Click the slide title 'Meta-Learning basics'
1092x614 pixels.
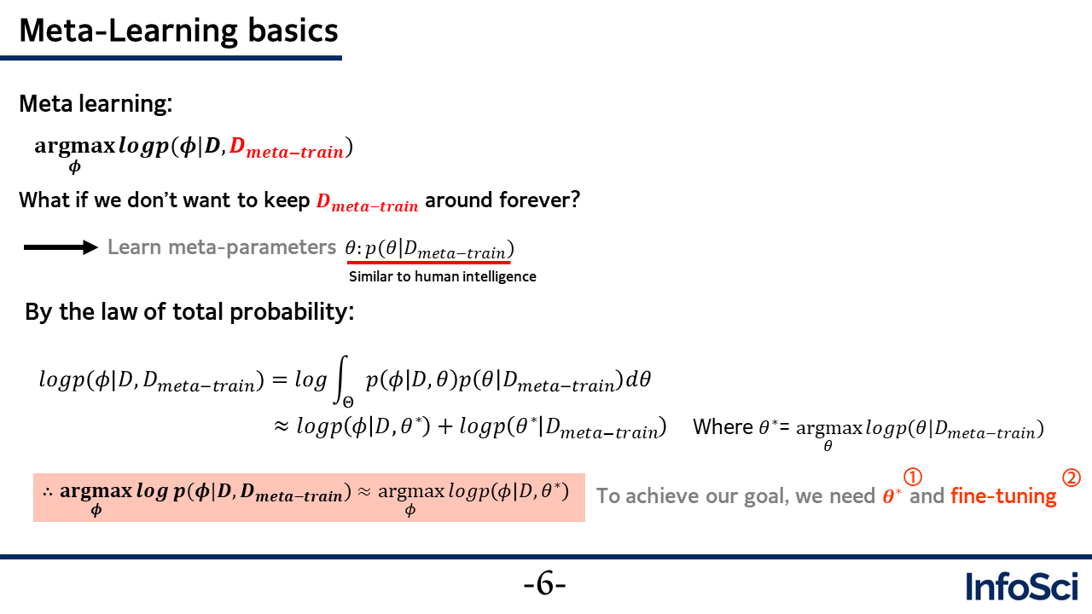(178, 32)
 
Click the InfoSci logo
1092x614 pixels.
(1022, 586)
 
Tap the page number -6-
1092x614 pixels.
(544, 584)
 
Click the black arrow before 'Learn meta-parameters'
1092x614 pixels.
(61, 247)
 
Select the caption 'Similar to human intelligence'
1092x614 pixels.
(442, 277)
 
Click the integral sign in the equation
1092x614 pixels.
(342, 379)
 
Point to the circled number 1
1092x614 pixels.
(913, 477)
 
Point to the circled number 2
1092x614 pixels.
(1072, 478)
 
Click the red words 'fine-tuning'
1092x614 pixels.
(1003, 496)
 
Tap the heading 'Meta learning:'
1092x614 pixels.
(96, 104)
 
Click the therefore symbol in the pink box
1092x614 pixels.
(48, 492)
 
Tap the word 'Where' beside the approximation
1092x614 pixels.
(723, 427)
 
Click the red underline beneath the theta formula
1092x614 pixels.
(429, 263)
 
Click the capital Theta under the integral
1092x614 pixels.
(348, 403)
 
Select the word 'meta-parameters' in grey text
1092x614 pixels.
(252, 247)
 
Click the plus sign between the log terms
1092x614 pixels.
(444, 427)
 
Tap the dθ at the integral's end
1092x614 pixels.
(638, 379)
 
